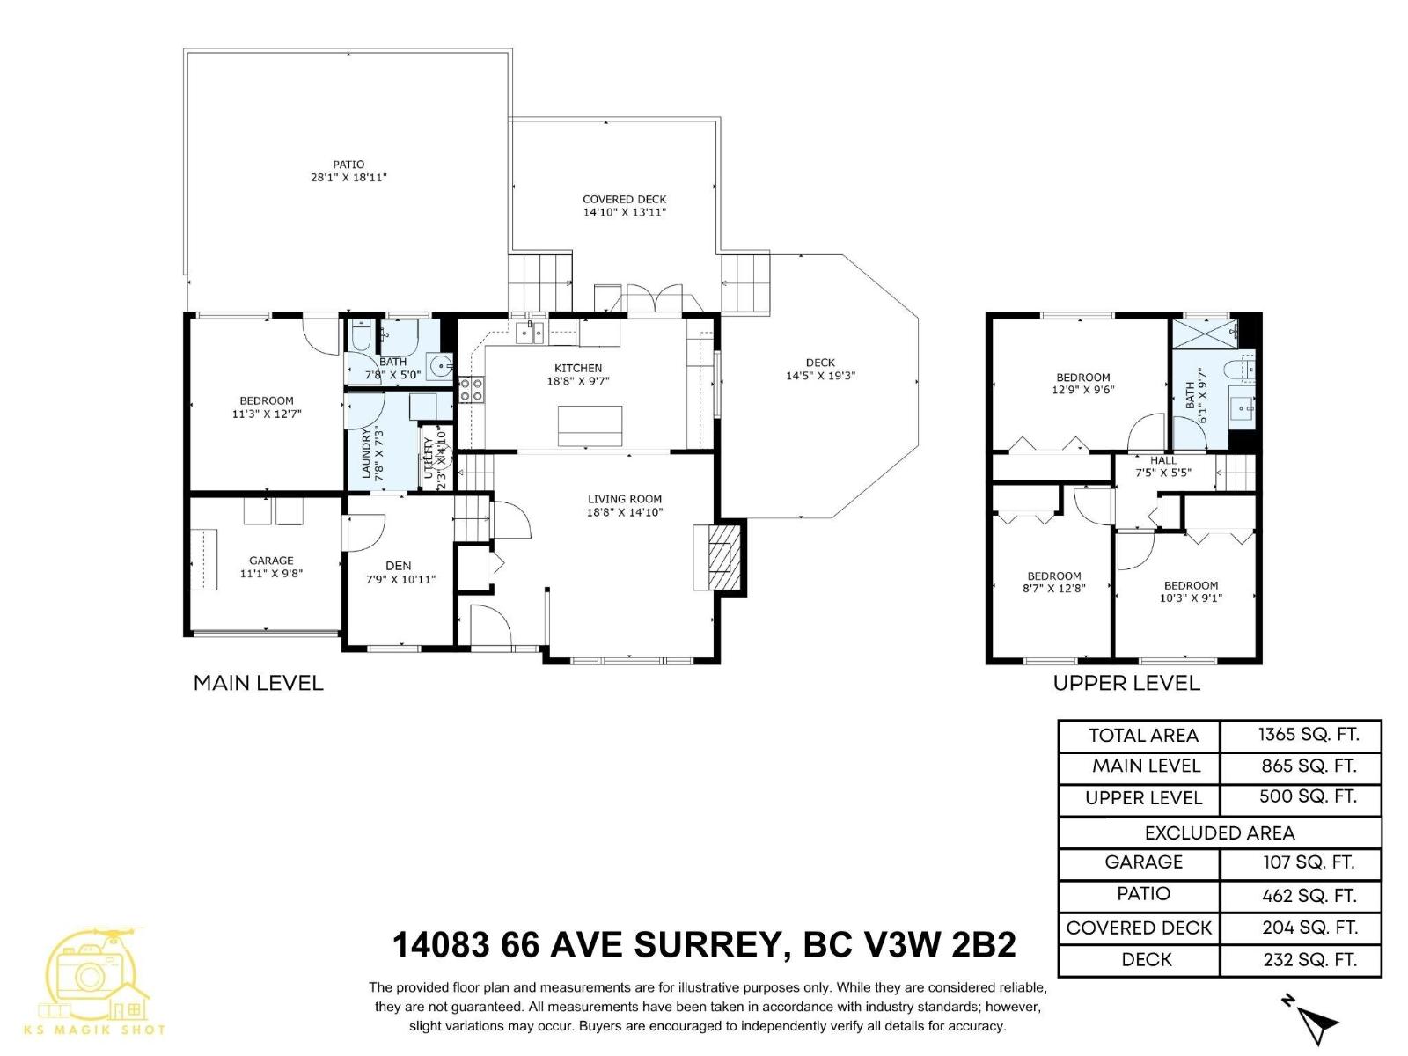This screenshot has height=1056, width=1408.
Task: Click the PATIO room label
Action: coord(348,165)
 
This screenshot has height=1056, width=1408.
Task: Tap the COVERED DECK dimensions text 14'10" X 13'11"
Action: coord(625,212)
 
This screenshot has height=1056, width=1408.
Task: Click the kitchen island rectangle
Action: coord(590,426)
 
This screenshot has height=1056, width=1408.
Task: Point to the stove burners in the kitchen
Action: coord(472,389)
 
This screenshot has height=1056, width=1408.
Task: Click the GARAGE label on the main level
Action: coord(271,561)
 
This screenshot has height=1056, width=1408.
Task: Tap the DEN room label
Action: coord(399,566)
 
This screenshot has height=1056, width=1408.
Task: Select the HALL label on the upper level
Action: coord(1162,460)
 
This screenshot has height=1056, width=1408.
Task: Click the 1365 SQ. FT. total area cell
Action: coord(1308,735)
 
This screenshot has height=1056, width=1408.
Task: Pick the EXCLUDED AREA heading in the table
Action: coord(1220,832)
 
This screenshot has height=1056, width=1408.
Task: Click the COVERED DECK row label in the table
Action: coord(1139,928)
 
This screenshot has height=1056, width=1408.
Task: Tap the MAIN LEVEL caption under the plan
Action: coord(258,683)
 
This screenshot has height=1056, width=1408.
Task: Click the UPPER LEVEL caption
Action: coord(1126,683)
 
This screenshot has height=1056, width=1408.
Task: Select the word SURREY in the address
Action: coord(708,945)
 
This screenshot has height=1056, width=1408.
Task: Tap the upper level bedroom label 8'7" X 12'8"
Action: coord(1053,588)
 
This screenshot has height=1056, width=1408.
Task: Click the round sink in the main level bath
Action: coord(439,365)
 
